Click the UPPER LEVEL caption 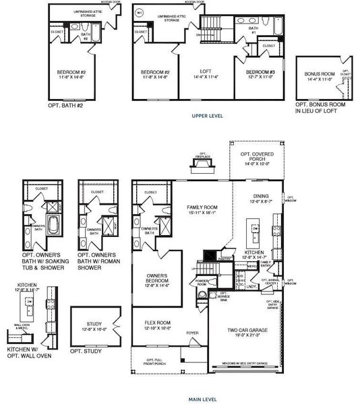pos(208,116)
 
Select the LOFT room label pos(206,72)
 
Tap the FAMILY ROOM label pos(203,208)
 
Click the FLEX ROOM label pos(156,325)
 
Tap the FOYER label pos(193,332)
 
